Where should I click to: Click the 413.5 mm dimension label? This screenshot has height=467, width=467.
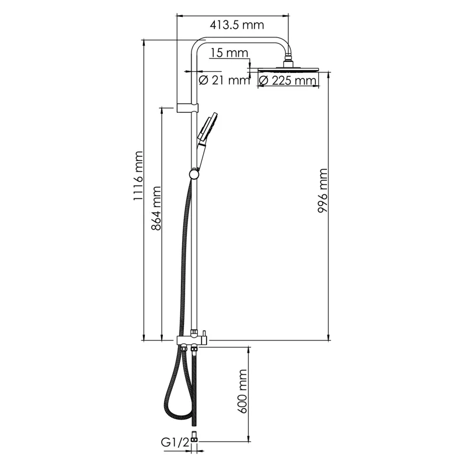(237, 25)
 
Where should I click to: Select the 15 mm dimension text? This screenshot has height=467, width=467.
(229, 53)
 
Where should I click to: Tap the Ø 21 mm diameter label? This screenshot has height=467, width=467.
(224, 80)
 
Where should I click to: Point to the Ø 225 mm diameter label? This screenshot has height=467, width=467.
(287, 81)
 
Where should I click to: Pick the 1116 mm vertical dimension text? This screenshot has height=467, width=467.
(138, 176)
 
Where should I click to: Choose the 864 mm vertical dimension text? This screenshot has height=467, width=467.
(156, 208)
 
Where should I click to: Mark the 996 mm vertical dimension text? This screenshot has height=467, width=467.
(323, 191)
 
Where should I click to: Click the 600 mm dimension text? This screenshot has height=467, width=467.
(242, 391)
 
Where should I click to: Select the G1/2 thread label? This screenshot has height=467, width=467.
(175, 442)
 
